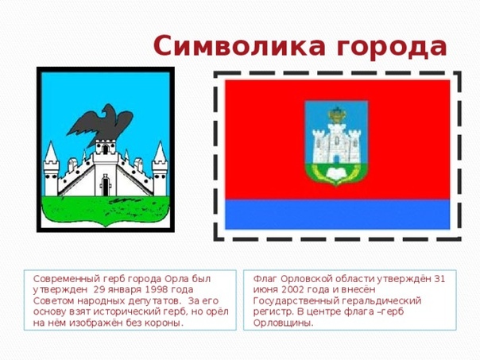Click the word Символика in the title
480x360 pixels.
[x=239, y=45]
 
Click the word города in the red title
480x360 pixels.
[x=392, y=48]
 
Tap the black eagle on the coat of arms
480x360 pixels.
[x=100, y=125]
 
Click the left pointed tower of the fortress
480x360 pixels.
[x=51, y=168]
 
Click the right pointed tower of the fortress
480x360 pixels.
[x=160, y=168]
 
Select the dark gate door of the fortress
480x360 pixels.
[x=106, y=187]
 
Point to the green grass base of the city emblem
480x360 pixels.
[x=106, y=211]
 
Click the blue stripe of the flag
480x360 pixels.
[x=337, y=215]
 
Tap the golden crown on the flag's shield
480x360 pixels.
[x=337, y=115]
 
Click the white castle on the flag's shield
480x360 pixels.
[x=336, y=144]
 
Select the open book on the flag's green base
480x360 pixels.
[x=336, y=174]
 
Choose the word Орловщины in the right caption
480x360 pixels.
[x=283, y=323]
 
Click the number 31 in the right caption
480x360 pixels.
[x=439, y=279]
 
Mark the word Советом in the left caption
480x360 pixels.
[x=54, y=300]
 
